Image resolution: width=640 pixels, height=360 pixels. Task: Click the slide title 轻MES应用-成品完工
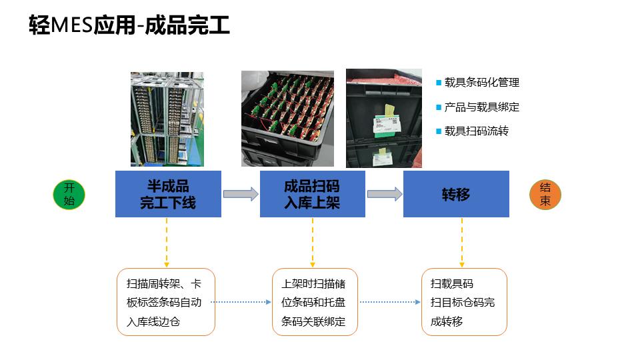pos(129,26)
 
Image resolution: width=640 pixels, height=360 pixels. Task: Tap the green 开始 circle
pos(69,195)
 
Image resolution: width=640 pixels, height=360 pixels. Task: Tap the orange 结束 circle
pos(545,195)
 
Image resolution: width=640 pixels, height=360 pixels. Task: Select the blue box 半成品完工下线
pos(168,194)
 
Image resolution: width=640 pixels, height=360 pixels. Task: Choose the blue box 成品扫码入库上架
pos(312,194)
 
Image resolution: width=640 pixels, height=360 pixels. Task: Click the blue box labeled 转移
pos(456,194)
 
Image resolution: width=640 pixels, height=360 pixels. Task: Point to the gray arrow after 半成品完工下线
pos(240,194)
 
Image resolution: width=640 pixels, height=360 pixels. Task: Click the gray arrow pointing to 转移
pos(385,194)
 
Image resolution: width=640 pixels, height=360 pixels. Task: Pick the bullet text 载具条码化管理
pos(481,83)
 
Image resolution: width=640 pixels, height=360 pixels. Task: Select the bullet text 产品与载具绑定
pos(481,107)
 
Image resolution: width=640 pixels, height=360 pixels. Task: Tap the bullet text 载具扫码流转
pos(476,131)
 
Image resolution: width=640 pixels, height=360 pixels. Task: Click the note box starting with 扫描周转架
pos(166,302)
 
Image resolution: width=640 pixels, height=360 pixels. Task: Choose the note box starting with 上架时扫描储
pos(315,302)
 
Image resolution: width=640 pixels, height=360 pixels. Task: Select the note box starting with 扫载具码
pos(464,302)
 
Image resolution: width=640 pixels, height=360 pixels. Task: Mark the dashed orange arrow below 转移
pos(462,242)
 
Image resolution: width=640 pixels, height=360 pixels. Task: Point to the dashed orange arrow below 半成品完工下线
pos(167,242)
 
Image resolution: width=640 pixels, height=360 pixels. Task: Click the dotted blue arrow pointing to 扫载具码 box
pos(390,302)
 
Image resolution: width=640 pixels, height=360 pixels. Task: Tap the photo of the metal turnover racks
pos(167,118)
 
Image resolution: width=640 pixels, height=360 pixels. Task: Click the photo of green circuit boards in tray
pos(287,118)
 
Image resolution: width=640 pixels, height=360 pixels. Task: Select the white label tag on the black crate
pos(385,125)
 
